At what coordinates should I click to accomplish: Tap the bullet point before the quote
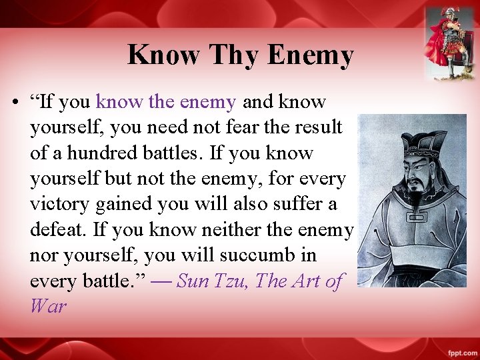[14, 103]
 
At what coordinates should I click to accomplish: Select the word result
[317, 127]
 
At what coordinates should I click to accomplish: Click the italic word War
[48, 307]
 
